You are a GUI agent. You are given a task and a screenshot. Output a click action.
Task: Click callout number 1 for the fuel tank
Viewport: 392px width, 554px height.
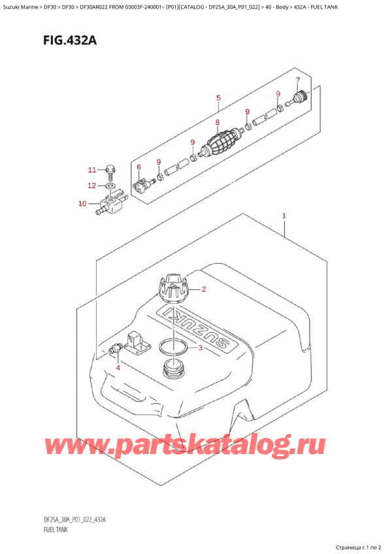pos(284,216)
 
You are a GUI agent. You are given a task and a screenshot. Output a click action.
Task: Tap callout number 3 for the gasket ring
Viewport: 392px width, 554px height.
pos(118,368)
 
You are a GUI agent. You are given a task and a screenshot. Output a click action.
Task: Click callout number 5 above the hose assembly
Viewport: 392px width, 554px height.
pos(139,168)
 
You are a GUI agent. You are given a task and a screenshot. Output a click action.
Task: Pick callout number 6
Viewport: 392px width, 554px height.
pos(298,81)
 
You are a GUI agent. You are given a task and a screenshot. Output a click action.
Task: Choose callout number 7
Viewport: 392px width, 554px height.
pos(217,122)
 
